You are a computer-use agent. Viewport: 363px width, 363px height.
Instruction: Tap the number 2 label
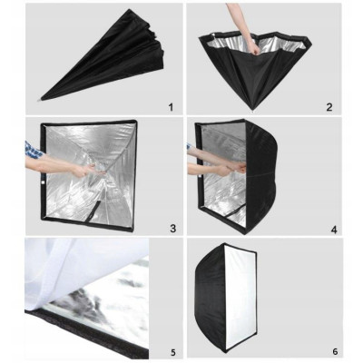pyautogui.click(x=330, y=106)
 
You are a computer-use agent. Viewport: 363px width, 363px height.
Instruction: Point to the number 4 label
pyautogui.click(x=334, y=230)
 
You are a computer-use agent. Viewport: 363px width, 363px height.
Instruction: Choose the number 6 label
pyautogui.click(x=334, y=348)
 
